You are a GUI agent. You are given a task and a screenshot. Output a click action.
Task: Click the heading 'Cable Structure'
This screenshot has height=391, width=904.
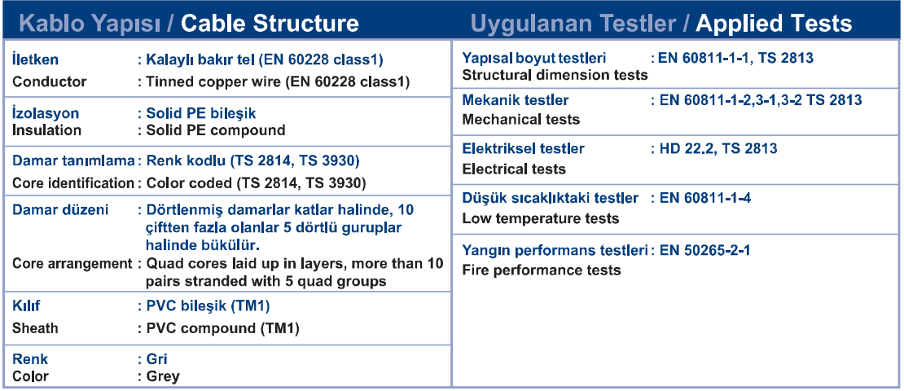point(270,24)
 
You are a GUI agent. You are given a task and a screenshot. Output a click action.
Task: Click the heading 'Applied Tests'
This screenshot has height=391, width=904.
point(775,24)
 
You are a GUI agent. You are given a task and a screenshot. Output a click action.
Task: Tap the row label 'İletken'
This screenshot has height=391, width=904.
point(35,60)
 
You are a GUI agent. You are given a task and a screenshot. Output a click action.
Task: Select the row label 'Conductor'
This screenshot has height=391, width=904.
point(50,81)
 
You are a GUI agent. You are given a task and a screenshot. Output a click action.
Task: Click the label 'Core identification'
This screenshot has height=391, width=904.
point(73,183)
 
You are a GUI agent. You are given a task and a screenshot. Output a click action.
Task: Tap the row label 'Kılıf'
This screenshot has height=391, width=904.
point(26,305)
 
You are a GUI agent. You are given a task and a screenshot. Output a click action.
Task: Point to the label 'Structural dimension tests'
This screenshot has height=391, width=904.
point(555,75)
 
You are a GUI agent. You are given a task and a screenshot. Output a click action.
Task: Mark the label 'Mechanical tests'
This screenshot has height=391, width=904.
point(521,120)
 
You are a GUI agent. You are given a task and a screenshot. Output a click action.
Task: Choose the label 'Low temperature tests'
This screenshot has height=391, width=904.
point(541,218)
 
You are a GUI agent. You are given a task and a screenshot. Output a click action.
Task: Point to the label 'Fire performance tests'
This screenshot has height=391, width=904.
point(542,270)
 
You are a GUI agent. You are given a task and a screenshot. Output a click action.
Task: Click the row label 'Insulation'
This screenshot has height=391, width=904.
point(46,130)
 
